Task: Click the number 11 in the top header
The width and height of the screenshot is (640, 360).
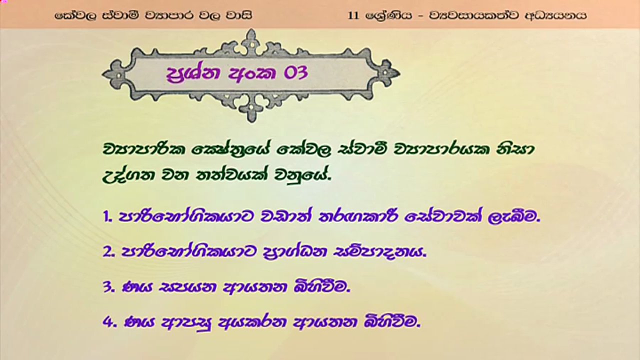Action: [x=353, y=15]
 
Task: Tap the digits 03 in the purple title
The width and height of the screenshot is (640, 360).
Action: [x=295, y=73]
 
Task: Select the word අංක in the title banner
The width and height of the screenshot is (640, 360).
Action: [x=252, y=73]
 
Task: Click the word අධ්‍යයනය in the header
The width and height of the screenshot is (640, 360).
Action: [x=556, y=15]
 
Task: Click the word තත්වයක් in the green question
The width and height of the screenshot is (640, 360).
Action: [x=231, y=174]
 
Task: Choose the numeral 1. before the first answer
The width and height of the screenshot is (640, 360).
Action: [x=107, y=217]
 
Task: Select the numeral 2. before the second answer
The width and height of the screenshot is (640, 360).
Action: [x=108, y=252]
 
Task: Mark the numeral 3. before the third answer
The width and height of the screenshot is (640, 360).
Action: [x=109, y=287]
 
